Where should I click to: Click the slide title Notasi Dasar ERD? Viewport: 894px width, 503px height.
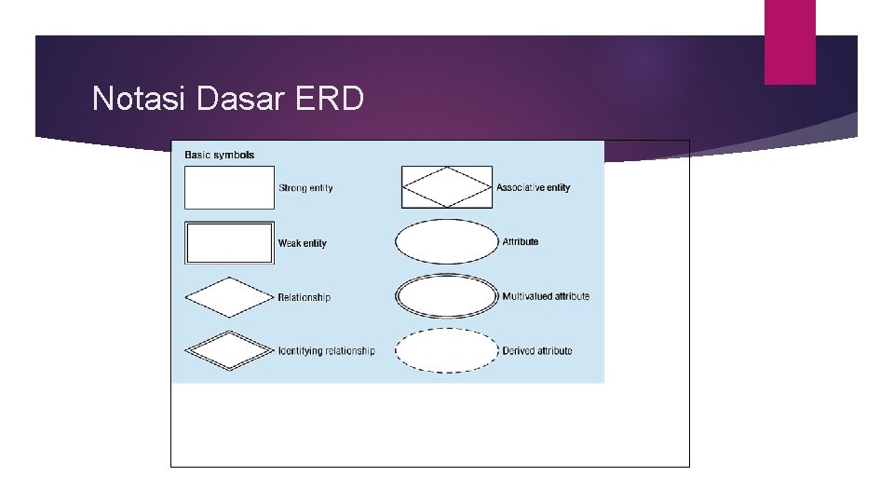pyautogui.click(x=228, y=98)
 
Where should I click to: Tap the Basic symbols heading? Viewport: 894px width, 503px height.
pyautogui.click(x=220, y=155)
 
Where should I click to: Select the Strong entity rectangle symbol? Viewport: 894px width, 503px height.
pyautogui.click(x=230, y=187)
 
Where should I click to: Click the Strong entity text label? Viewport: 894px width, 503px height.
pyautogui.click(x=305, y=188)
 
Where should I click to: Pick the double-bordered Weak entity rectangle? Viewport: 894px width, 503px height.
pyautogui.click(x=230, y=242)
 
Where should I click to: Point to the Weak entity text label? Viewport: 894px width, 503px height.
pyautogui.click(x=303, y=243)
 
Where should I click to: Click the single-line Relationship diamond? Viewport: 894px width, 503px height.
pyautogui.click(x=229, y=297)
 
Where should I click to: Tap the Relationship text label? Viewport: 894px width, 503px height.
pyautogui.click(x=305, y=297)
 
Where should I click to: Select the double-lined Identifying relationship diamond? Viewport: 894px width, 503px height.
pyautogui.click(x=229, y=351)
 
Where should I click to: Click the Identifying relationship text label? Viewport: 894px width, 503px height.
pyautogui.click(x=327, y=351)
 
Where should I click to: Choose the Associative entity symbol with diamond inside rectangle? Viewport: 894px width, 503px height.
pyautogui.click(x=447, y=187)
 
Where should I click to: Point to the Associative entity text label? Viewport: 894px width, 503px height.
pyautogui.click(x=534, y=187)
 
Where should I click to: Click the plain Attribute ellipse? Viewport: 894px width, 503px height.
pyautogui.click(x=447, y=242)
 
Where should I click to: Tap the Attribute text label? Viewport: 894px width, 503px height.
pyautogui.click(x=521, y=242)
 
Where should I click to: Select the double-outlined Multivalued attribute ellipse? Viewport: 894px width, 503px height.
pyautogui.click(x=447, y=296)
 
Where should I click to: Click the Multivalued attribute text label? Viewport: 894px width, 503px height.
pyautogui.click(x=546, y=296)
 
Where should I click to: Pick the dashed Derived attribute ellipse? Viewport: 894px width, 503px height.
pyautogui.click(x=447, y=351)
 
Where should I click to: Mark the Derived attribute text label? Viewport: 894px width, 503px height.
pyautogui.click(x=537, y=351)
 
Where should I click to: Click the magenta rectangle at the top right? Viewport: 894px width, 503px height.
pyautogui.click(x=790, y=42)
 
